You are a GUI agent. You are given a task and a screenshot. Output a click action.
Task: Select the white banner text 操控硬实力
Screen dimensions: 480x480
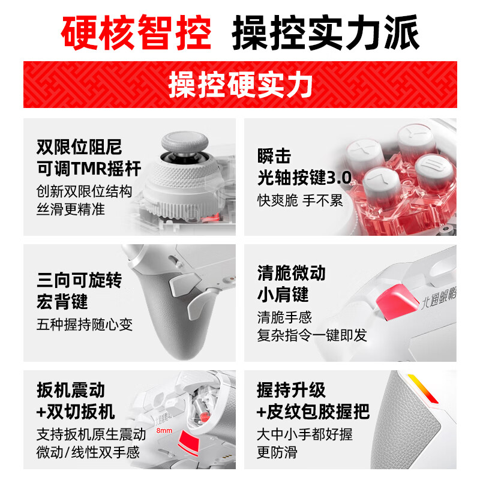(x=240, y=85)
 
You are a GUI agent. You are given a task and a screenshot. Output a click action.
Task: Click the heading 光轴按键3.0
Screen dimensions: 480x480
(x=304, y=178)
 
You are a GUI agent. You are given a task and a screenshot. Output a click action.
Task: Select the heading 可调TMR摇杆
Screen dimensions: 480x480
(x=89, y=169)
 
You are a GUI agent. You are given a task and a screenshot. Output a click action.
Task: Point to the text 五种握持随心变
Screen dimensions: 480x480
(x=85, y=325)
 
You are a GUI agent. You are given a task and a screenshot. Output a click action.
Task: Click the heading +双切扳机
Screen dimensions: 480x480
(x=76, y=412)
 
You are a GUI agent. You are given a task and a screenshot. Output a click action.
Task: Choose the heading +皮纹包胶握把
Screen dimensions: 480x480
(x=313, y=412)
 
